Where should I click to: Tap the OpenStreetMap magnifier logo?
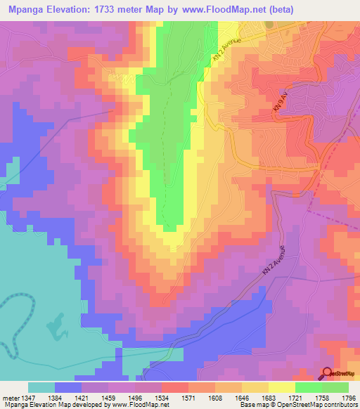click(327, 374)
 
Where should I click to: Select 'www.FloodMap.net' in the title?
click(224, 10)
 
